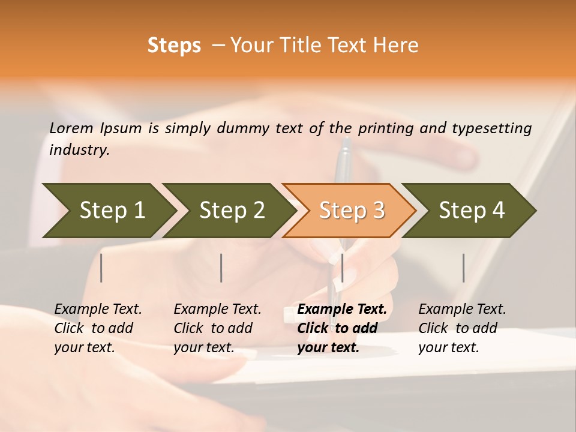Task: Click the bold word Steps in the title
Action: (174, 46)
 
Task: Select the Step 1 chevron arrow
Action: (108, 210)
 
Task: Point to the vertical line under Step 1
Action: (101, 268)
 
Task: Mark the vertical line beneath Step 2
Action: (221, 268)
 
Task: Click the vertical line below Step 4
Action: (464, 268)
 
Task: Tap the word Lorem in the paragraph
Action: (71, 128)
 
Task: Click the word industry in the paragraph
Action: (79, 150)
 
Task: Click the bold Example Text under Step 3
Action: (342, 310)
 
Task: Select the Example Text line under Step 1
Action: (98, 310)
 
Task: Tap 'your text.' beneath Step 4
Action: (448, 347)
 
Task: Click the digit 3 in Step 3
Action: (378, 210)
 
